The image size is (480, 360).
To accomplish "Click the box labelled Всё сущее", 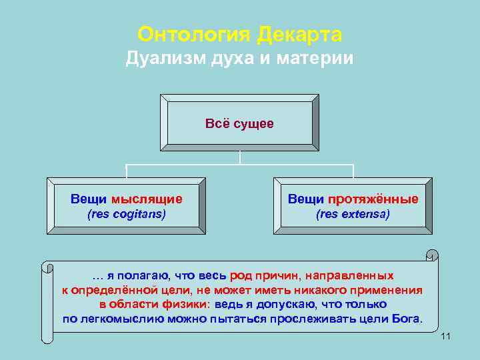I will tap(239, 124).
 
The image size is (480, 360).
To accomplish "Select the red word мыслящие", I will tap(147, 199).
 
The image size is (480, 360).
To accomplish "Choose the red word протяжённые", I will tap(373, 199).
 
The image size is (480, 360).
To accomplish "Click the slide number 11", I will tap(446, 335).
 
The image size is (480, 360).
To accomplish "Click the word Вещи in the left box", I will tap(89, 199).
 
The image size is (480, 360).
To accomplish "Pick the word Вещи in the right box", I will tap(306, 199).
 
